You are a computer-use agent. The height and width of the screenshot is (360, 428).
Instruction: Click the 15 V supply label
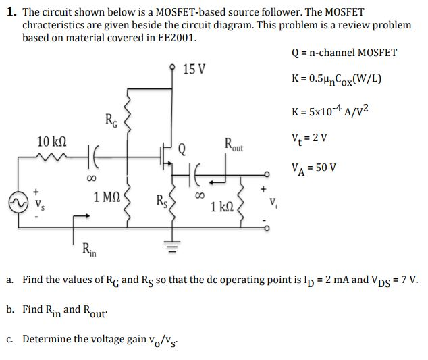pos(194,69)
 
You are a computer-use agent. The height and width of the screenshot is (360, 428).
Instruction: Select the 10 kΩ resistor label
pos(51,142)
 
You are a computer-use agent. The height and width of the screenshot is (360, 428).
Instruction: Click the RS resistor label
pos(161,200)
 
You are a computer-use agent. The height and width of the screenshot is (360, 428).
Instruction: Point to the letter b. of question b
pos(11,309)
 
